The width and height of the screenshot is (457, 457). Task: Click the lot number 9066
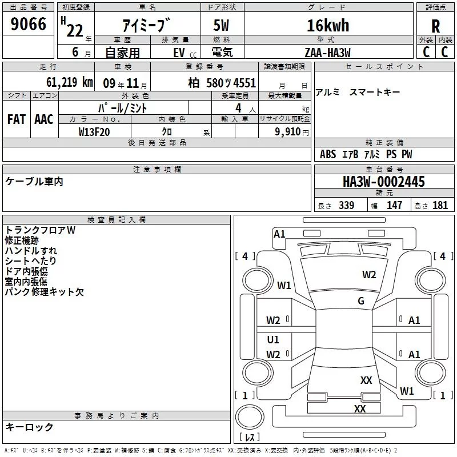pyautogui.click(x=28, y=25)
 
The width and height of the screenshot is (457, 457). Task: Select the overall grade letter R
pyautogui.click(x=436, y=26)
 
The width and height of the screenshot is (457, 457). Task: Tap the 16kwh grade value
pyautogui.click(x=328, y=26)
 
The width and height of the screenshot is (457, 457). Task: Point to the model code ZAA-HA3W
pyautogui.click(x=327, y=53)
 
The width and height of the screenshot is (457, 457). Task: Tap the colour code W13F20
pyautogui.click(x=94, y=131)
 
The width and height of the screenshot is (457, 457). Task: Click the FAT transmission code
pyautogui.click(x=16, y=119)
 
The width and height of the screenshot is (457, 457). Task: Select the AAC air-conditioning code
pyautogui.click(x=44, y=119)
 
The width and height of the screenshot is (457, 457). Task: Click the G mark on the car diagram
pyautogui.click(x=360, y=301)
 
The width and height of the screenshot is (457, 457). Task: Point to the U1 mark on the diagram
pyautogui.click(x=273, y=340)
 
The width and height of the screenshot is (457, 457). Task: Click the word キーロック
pyautogui.click(x=30, y=427)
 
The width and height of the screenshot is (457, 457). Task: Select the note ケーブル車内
pyautogui.click(x=34, y=182)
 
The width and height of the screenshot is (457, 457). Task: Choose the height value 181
pyautogui.click(x=440, y=206)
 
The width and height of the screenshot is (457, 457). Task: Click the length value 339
pyautogui.click(x=346, y=206)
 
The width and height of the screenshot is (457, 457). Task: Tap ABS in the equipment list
pyautogui.click(x=327, y=154)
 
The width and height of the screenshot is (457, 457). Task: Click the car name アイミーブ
pyautogui.click(x=146, y=26)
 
